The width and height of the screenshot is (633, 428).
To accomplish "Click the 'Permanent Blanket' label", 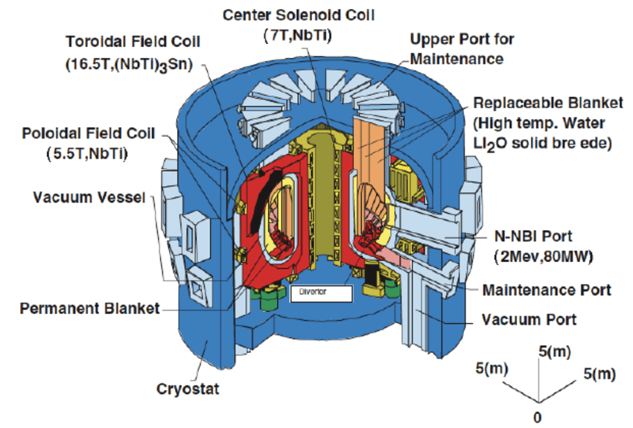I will point(90,307).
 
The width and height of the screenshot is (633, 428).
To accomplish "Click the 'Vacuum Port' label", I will point(529,320).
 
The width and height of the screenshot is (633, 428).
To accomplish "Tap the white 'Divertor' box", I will point(319,293).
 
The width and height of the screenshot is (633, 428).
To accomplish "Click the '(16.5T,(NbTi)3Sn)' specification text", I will point(128,66).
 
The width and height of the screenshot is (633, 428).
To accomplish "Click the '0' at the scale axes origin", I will point(536,416).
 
